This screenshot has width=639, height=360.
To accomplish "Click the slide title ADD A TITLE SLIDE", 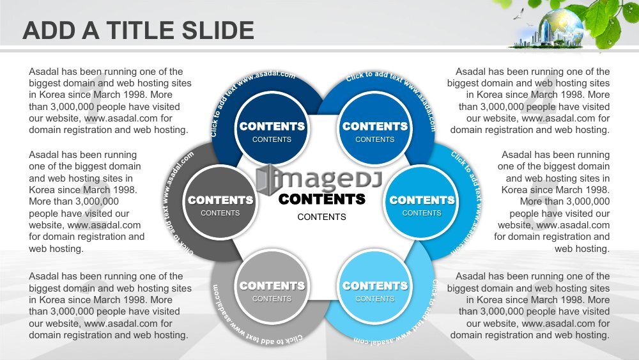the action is pyautogui.click(x=139, y=31).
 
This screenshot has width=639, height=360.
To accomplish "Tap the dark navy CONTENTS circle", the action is pyautogui.click(x=272, y=129).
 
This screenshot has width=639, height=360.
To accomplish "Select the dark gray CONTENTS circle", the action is pyautogui.click(x=220, y=203).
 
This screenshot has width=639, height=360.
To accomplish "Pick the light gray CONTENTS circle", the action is pyautogui.click(x=272, y=288).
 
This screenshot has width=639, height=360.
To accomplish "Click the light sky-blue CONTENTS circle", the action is pyautogui.click(x=375, y=288).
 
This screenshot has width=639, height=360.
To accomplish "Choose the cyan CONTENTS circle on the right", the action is pyautogui.click(x=422, y=203).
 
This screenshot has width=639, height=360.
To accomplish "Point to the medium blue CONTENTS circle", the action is pyautogui.click(x=375, y=129).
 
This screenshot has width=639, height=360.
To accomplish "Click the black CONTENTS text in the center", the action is pyautogui.click(x=322, y=200).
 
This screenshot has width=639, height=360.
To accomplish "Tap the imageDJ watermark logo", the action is pyautogui.click(x=319, y=179).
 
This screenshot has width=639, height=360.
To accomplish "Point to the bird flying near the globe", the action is pyautogui.click(x=518, y=14).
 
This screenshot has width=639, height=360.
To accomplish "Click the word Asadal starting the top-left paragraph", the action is pyautogui.click(x=43, y=72).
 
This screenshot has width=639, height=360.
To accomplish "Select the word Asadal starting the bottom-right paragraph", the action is pyautogui.click(x=470, y=276).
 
